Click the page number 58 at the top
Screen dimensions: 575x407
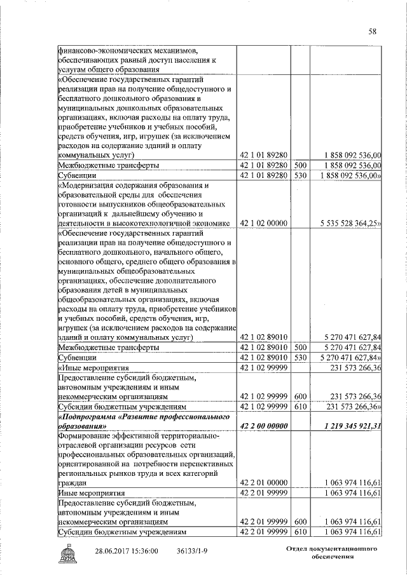tap(373, 31)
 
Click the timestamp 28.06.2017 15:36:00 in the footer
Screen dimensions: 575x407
tap(127, 551)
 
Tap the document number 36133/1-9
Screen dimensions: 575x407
tap(194, 551)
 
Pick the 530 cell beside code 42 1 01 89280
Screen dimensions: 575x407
tap(301, 175)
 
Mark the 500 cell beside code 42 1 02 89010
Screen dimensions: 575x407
tap(301, 348)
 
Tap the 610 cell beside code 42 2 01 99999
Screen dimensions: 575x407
tap(301, 532)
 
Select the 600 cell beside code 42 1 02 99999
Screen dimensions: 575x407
tap(301, 396)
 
